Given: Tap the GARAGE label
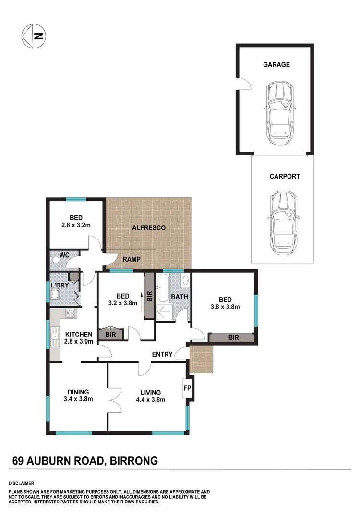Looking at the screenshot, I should pos(276,64).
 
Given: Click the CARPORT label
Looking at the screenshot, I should pos(284,176).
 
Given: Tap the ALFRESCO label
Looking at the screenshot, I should pos(149,227).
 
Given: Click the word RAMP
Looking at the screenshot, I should pos(131,259).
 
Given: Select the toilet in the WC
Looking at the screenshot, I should pos(55,260).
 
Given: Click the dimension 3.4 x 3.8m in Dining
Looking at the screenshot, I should pos(78,399).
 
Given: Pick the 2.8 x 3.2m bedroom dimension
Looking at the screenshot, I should pos(76,225).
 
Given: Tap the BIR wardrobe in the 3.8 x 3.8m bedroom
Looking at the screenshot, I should pos(233,338).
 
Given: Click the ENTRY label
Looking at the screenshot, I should pos(162,354).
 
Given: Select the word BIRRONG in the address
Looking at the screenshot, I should pos(134,461).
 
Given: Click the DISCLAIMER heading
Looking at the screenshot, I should pos(21,483).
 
